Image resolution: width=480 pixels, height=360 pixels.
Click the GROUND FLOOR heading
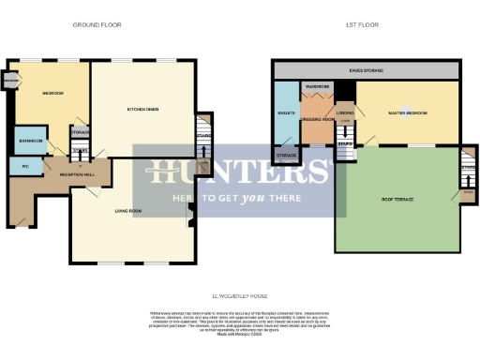[97, 24]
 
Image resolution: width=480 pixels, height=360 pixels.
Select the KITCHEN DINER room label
[142, 110]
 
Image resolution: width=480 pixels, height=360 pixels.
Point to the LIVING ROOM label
[127, 211]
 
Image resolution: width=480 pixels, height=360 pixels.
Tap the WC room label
[24, 165]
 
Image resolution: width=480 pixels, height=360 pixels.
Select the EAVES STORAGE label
[366, 69]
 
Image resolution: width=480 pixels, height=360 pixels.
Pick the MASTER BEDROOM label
[408, 113]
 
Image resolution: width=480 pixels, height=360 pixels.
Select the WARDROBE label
[316, 87]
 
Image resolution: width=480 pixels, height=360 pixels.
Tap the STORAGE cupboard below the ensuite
[286, 155]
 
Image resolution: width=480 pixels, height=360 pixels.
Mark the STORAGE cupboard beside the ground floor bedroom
[81, 132]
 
